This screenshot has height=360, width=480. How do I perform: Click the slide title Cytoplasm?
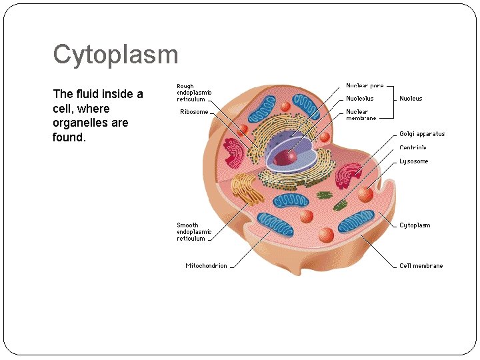115,55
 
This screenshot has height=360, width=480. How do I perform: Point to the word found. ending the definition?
69,138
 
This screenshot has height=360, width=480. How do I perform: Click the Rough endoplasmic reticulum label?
194,93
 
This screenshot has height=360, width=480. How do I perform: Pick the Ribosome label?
194,112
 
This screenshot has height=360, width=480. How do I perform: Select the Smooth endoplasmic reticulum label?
194,232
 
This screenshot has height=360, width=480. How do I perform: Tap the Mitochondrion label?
206,266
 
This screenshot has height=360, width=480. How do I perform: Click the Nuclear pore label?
365,86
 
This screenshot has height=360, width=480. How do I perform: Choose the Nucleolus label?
360,99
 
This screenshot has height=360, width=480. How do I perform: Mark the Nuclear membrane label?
361,115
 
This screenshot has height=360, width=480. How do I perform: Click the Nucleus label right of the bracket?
411,99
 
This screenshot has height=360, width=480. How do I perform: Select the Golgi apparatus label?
422,134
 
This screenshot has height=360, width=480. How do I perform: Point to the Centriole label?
413,147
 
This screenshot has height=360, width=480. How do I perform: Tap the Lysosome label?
414,161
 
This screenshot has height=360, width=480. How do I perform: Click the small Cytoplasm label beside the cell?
415,225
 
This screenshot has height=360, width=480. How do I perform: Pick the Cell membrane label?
421,266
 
